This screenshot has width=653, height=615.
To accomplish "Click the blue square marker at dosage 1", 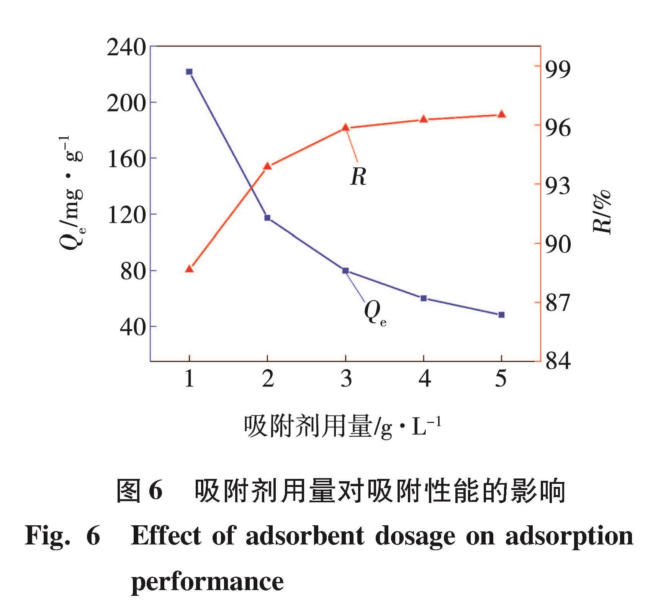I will [189, 72].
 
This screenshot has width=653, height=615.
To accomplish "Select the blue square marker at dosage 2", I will [267, 218].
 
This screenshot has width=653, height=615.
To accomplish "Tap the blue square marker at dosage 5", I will [501, 315].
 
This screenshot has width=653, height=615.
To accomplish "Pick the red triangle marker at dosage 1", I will [189, 269].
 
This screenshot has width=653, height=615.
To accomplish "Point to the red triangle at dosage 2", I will [267, 166].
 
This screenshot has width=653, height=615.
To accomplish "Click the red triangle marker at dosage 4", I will [424, 119].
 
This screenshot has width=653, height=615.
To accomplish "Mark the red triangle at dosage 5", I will [501, 114].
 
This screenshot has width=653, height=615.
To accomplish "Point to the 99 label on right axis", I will [558, 70].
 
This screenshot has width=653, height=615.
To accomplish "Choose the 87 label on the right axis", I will [558, 303].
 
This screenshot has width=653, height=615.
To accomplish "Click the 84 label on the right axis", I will [558, 361].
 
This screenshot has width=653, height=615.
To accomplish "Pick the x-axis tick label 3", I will [346, 379].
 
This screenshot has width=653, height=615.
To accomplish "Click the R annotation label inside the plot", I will [358, 177].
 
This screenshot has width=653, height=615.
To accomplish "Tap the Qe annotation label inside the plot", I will [374, 312].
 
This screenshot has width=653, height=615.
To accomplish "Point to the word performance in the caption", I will [207, 582].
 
